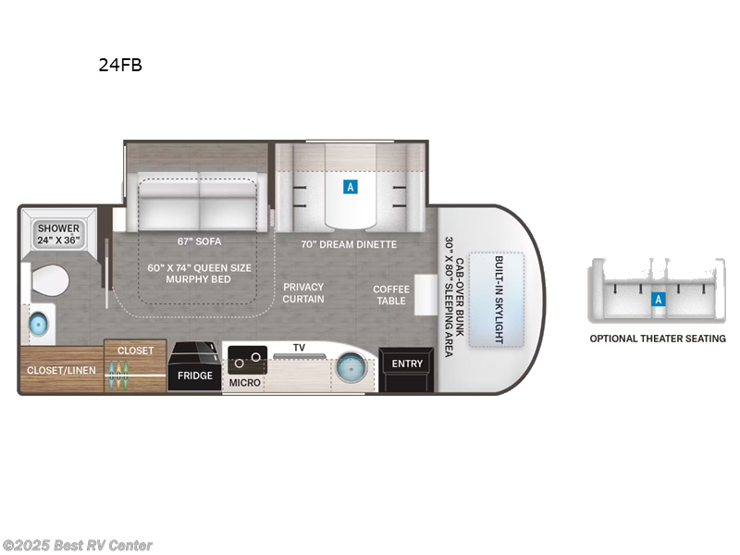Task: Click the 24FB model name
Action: tap(120, 65)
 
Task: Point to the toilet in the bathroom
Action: tap(51, 279)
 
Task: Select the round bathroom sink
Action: tap(39, 324)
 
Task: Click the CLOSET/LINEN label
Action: tap(59, 371)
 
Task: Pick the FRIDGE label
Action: tap(195, 376)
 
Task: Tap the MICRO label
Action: tap(245, 381)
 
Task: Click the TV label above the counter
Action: tap(299, 348)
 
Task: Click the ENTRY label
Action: tap(407, 364)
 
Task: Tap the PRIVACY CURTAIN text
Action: tap(303, 293)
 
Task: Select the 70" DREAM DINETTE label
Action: tap(349, 244)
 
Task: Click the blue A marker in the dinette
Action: tap(351, 187)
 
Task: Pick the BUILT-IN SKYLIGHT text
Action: tap(496, 300)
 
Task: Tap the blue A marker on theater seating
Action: tap(658, 299)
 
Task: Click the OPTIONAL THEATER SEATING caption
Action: tap(658, 339)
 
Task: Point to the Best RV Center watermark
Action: tap(78, 546)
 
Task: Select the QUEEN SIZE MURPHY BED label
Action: tap(199, 274)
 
